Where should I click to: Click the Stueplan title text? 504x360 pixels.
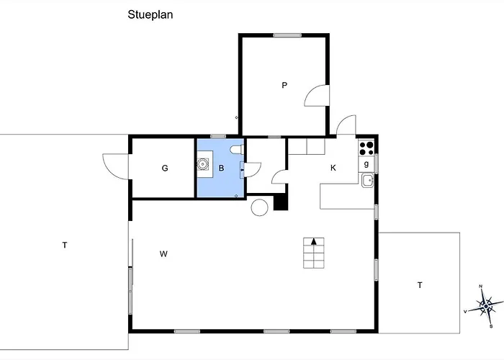(x=150, y=15)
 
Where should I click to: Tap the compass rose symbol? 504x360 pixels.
(x=485, y=306)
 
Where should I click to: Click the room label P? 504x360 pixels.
(x=284, y=85)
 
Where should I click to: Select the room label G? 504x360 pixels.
(x=165, y=168)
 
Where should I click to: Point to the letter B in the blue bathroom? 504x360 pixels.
(x=221, y=168)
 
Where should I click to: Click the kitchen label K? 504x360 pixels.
(x=333, y=168)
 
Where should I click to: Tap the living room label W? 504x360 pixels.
(x=163, y=254)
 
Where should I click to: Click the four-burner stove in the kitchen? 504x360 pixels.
(x=366, y=148)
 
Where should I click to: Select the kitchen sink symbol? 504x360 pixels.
(x=367, y=180)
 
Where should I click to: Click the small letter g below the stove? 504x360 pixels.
(x=366, y=163)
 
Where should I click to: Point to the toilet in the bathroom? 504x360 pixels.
(x=237, y=150)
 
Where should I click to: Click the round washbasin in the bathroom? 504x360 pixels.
(x=202, y=164)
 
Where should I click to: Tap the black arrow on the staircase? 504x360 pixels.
(x=314, y=241)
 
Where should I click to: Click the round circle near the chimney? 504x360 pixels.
(x=259, y=207)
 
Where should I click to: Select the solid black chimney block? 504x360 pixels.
(x=280, y=202)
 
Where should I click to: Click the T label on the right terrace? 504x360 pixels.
(x=420, y=285)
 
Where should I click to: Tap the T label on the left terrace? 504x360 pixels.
(x=64, y=246)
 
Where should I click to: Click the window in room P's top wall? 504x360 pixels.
(x=287, y=35)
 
